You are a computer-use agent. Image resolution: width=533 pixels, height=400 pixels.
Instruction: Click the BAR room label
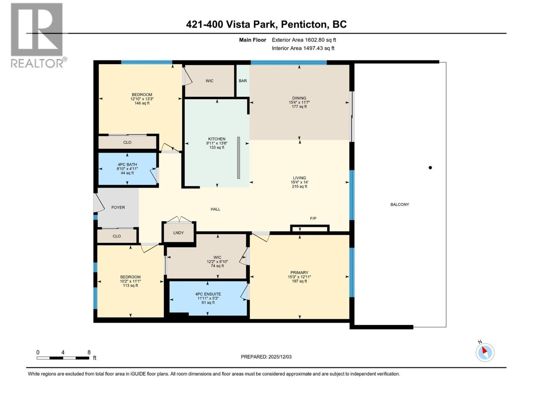pos(243,81)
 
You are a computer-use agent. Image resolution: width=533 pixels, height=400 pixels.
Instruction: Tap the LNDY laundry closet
pos(179,233)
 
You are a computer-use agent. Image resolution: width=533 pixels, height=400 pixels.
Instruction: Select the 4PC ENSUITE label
pos(208,294)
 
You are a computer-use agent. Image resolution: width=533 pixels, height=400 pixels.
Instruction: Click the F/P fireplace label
pos(313,218)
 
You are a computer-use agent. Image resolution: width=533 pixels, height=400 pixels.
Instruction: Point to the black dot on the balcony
pos(430,168)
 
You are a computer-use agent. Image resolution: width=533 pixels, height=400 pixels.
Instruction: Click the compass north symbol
pos(485,352)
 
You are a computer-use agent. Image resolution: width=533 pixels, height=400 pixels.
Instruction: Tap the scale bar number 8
pos(89,352)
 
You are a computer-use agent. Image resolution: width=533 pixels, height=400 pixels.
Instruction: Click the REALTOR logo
pos(37,35)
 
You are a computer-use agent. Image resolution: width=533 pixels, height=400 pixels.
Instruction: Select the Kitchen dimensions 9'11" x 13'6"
pos(217,143)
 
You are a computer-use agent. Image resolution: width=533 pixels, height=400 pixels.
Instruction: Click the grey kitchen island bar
pos(239,158)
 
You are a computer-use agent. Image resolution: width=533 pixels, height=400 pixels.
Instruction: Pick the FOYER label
pos(118,207)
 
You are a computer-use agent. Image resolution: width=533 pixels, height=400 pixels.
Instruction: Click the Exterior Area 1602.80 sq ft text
pos(303,40)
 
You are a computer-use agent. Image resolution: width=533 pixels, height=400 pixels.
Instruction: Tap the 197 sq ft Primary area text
pos(299,281)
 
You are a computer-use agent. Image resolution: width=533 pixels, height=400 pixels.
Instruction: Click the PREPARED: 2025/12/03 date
pos(266,357)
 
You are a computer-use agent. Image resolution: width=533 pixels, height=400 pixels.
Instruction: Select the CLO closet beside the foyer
pos(117,236)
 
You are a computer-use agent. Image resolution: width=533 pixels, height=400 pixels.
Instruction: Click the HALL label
pos(215,209)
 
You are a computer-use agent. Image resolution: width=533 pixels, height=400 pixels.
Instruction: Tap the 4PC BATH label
pos(127,164)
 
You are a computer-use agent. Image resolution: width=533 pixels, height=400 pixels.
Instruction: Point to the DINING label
pos(299,98)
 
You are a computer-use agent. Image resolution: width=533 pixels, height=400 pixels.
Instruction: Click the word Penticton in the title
pos(303,24)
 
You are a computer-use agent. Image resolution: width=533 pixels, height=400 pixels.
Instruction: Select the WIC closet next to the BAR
pos(209,81)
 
